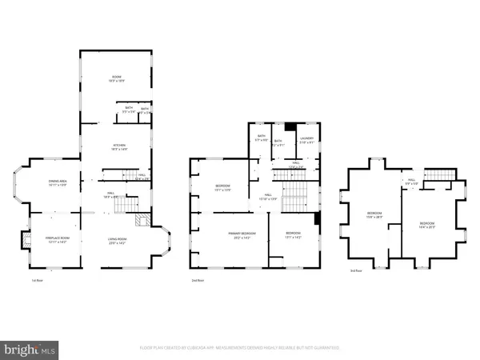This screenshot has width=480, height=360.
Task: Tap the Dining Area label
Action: pos(54,182)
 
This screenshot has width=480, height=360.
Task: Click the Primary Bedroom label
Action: pos(237,236)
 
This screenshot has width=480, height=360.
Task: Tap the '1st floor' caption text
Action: pos(37,281)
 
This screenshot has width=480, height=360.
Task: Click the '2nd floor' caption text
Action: pos(198,281)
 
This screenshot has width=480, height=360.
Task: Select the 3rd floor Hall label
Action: pos(411,181)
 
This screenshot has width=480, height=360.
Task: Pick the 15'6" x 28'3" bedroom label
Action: pos(374,215)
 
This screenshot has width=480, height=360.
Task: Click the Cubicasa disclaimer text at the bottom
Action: pos(239,348)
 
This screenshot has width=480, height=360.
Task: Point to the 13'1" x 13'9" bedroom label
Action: pos(222,188)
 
